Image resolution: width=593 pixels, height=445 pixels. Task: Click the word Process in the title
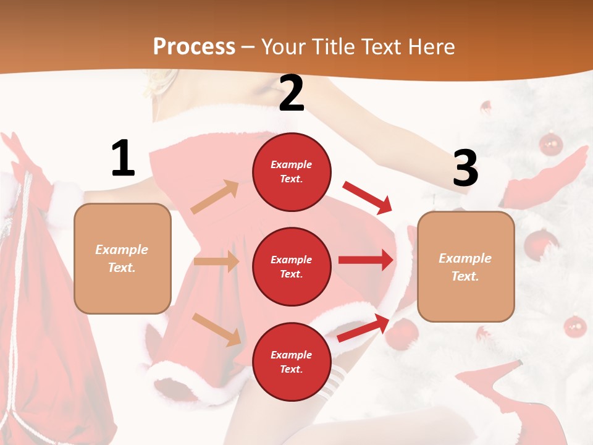pyautogui.click(x=194, y=46)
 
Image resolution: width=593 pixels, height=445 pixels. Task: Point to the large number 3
pyautogui.click(x=465, y=168)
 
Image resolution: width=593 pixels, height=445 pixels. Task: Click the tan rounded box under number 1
pyautogui.click(x=122, y=258)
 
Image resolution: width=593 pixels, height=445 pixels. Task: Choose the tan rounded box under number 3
pyautogui.click(x=466, y=266)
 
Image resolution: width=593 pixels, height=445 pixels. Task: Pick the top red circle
pyautogui.click(x=292, y=172)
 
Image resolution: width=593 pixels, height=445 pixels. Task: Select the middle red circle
pyautogui.click(x=292, y=266)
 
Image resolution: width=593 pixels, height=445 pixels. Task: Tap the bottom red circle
pyautogui.click(x=292, y=362)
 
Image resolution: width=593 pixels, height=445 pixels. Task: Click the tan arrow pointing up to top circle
pyautogui.click(x=215, y=197)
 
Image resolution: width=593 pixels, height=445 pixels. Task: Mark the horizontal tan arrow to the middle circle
pyautogui.click(x=216, y=261)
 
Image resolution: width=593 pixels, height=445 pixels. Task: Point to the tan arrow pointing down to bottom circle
pyautogui.click(x=216, y=329)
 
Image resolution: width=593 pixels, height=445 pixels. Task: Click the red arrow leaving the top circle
pyautogui.click(x=368, y=197)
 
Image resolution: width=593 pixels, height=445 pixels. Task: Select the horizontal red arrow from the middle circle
pyautogui.click(x=365, y=260)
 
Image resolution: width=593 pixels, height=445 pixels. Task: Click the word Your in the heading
pyautogui.click(x=284, y=46)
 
